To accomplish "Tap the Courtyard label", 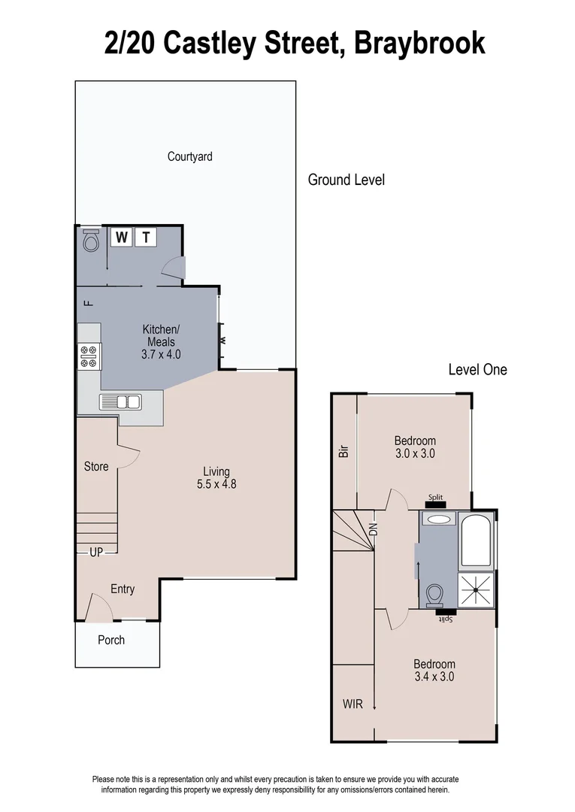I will pos(189,156).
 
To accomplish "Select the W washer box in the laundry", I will pos(121,238).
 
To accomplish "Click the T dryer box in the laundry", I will pos(146,238).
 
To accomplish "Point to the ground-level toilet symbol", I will pos(91,241).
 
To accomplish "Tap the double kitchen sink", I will pos(120,401).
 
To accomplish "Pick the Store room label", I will pos(96,466).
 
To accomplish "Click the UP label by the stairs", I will pos(96,552).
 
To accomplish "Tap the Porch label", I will pos(111,640).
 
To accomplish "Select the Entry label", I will pos(123,589).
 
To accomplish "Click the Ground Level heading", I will pos(346,180).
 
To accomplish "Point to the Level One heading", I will pos(477,369).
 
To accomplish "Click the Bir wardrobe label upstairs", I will pos(344,451).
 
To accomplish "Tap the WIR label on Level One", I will pos(353,704).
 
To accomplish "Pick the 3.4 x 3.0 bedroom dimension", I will pos(434,676).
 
